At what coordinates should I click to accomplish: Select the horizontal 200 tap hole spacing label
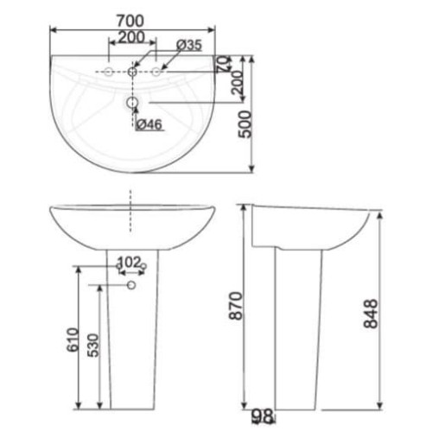point(132,37)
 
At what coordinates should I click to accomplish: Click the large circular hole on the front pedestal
point(131,284)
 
